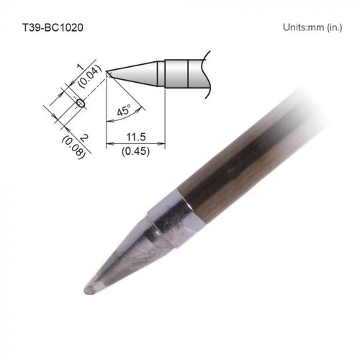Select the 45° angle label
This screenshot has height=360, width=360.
pyautogui.click(x=123, y=112)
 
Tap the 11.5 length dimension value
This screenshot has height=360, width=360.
pyautogui.click(x=135, y=136)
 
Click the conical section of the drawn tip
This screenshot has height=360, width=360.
pyautogui.click(x=140, y=71)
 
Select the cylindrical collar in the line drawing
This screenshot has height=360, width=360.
pyautogui.click(x=177, y=72)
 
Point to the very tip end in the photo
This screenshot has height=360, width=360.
pyautogui.click(x=88, y=289)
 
